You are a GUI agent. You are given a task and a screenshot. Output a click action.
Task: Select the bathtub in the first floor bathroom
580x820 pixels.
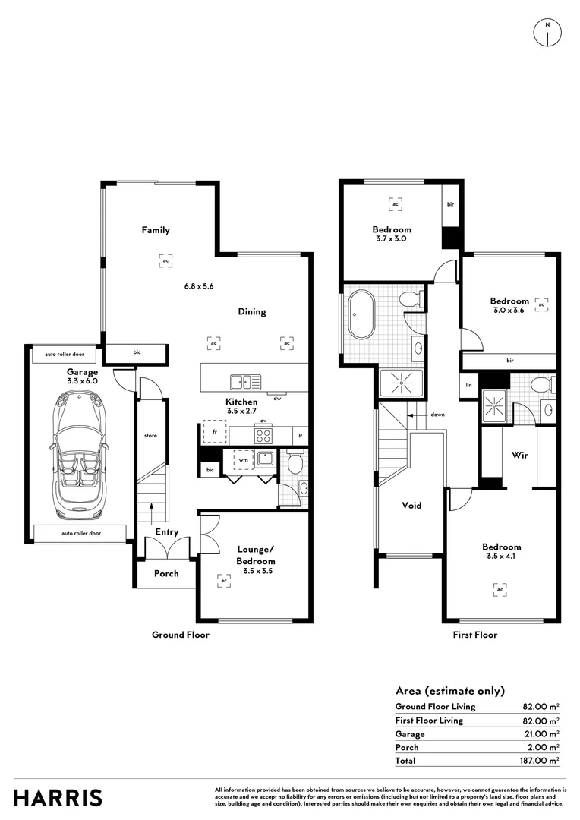[x=362, y=314]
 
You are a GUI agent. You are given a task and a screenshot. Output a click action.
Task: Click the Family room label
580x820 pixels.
[x=156, y=230]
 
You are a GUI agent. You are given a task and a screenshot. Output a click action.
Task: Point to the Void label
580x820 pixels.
[x=411, y=505]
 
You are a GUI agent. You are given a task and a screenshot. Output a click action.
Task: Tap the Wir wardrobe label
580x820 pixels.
[x=519, y=456]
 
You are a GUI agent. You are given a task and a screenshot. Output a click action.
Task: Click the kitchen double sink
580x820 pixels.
[x=245, y=382]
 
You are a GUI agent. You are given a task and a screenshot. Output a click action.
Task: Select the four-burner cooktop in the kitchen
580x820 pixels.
[x=263, y=436]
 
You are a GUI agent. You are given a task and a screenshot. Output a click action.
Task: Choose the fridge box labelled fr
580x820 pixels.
[x=216, y=432]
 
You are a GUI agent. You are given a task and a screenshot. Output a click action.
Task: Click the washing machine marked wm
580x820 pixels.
[x=244, y=459]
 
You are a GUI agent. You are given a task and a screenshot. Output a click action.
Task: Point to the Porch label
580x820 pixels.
[x=166, y=573]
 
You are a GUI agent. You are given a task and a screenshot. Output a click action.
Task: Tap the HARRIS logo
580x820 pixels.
[x=58, y=798]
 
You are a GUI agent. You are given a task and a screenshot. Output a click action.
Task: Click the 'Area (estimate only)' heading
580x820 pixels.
[x=449, y=691]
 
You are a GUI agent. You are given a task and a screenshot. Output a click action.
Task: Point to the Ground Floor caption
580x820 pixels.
[x=181, y=635]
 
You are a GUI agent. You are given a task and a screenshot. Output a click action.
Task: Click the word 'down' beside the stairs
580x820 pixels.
[x=437, y=415]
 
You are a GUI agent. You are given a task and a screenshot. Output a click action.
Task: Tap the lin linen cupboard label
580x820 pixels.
[x=468, y=384]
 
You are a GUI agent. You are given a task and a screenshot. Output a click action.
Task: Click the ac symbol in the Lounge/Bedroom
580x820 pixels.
[x=223, y=581]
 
